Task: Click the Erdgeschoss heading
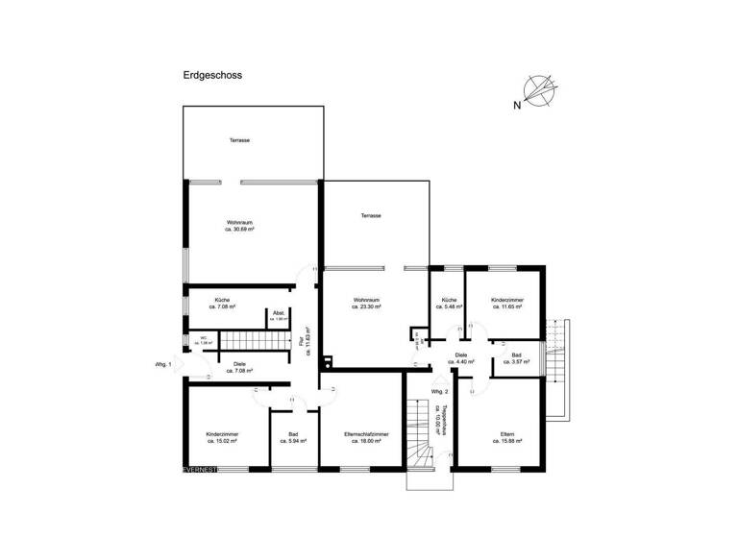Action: click(x=211, y=73)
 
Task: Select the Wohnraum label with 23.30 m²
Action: click(x=366, y=306)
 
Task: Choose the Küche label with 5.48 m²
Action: click(x=449, y=305)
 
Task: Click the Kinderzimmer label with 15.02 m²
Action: click(x=222, y=439)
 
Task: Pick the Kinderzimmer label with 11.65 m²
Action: click(x=507, y=305)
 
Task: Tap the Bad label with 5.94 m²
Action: click(x=293, y=439)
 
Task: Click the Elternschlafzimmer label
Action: click(x=364, y=439)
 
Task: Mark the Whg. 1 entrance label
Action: click(x=163, y=365)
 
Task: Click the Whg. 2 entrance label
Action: click(x=439, y=392)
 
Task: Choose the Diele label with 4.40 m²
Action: click(x=461, y=358)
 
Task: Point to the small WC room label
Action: click(x=203, y=339)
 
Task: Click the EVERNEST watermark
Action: click(x=203, y=469)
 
